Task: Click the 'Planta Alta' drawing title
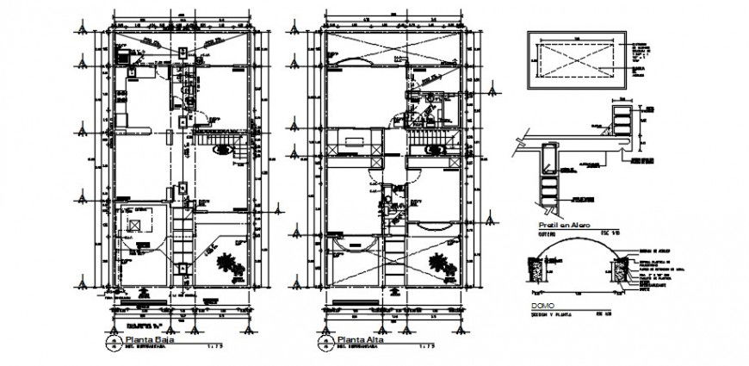361,339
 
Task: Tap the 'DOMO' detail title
540,305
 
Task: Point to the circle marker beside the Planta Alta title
325,343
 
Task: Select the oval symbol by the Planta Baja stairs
223,149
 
